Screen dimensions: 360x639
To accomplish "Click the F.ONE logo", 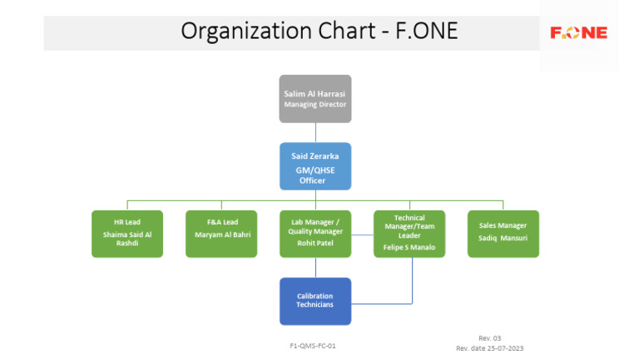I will pyautogui.click(x=578, y=33).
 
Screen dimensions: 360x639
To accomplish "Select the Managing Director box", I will pyautogui.click(x=315, y=99).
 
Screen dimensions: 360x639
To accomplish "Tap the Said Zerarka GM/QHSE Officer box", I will pyautogui.click(x=315, y=166).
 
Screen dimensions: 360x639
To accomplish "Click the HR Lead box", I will pyautogui.click(x=127, y=234).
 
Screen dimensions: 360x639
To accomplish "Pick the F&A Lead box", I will pyautogui.click(x=221, y=234).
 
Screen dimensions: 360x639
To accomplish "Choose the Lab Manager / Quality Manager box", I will pyautogui.click(x=315, y=234).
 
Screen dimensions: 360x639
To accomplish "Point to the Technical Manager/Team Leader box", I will pyautogui.click(x=409, y=234).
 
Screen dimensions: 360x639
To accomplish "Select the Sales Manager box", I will pyautogui.click(x=503, y=234).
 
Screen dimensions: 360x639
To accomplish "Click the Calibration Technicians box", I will pyautogui.click(x=315, y=301).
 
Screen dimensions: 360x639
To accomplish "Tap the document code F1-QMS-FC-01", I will pyautogui.click(x=313, y=345).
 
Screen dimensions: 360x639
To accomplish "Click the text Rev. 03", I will pyautogui.click(x=489, y=338).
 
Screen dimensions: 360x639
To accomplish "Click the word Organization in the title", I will pyautogui.click(x=235, y=32).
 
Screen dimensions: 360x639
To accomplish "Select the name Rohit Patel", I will pyautogui.click(x=315, y=244).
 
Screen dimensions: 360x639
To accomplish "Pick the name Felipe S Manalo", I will pyautogui.click(x=409, y=247).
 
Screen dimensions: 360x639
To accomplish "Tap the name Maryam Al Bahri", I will pyautogui.click(x=222, y=234).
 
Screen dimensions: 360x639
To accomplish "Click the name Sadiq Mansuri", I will pyautogui.click(x=503, y=238).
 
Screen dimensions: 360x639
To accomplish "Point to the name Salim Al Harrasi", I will pyautogui.click(x=315, y=94).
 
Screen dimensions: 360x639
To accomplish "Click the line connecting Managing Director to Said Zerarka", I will pyautogui.click(x=315, y=133).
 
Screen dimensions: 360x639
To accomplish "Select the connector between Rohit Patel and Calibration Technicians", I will pyautogui.click(x=315, y=268).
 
